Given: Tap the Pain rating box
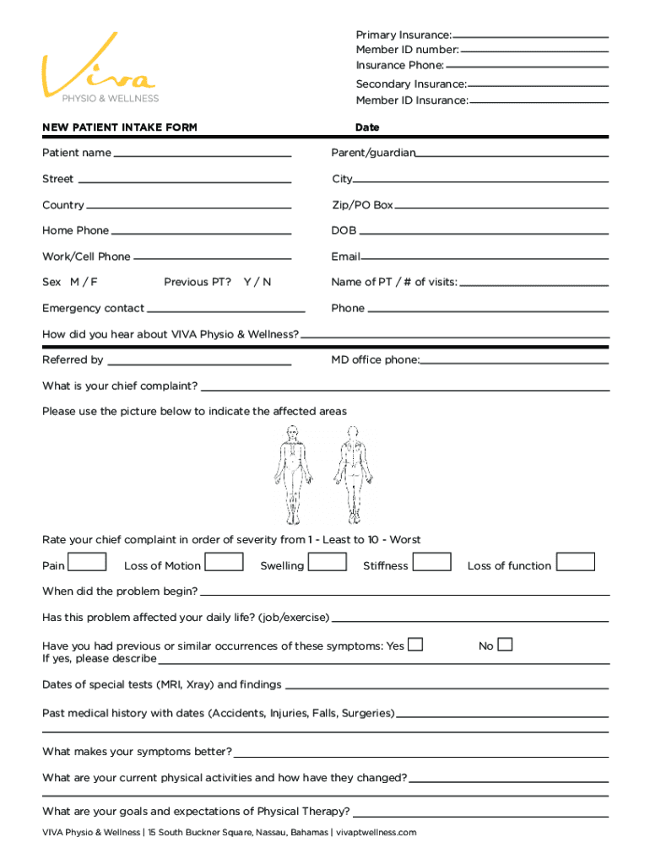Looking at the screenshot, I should pos(87,562).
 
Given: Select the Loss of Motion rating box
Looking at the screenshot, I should pos(225,562).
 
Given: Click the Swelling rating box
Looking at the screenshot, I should pos(328,562).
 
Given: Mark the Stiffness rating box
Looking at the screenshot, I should pos(432,562).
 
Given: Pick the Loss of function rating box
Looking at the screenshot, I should pos(576,562).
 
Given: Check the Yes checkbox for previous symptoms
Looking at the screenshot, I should pos(415,645).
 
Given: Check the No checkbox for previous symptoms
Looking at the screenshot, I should pos(505,645).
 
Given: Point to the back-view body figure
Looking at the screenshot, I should pos(350,474).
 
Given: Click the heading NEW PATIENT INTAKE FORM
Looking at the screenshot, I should pos(120,127).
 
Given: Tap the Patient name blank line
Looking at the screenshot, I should pos(203,156).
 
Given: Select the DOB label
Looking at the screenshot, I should pos(344,230).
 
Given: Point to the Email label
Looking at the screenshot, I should pos(345,256).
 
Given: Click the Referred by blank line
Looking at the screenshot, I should pos(198,364).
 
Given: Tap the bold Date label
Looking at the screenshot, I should pos(367,127).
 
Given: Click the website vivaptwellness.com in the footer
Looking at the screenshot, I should pos(377,833).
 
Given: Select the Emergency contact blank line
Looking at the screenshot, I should pos(219,312).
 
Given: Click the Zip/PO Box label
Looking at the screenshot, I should pos(362,205).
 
